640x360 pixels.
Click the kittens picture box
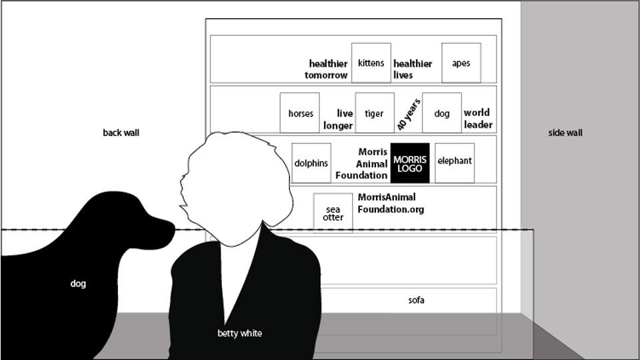point(371,63)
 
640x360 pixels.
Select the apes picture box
point(461,63)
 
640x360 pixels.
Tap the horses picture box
point(300,113)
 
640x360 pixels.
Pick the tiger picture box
point(375,113)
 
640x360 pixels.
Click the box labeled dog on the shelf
point(442,113)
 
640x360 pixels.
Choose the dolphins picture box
point(311,163)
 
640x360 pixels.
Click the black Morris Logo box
point(410,163)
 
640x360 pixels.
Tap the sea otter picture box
point(333,213)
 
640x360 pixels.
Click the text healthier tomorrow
point(327,69)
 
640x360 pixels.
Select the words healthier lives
point(412,69)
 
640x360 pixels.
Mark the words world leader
point(478,119)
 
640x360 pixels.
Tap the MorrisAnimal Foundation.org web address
point(390,203)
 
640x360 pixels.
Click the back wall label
point(121,133)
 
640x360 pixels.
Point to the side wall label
point(565,133)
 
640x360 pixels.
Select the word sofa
point(417,300)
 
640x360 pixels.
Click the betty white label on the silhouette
point(240,333)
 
